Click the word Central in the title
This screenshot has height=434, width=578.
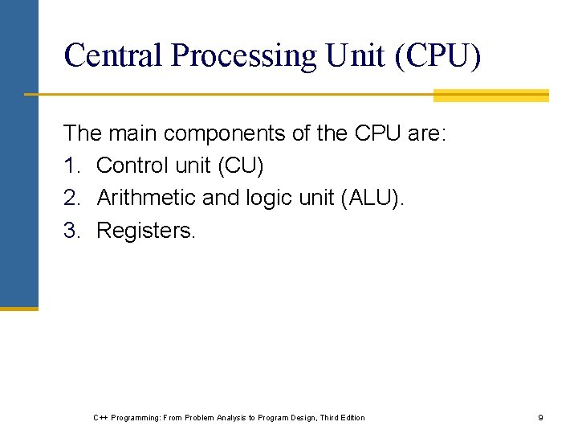click(113, 55)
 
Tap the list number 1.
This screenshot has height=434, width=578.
click(71, 166)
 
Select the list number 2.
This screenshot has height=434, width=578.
click(71, 199)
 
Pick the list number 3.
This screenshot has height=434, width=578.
click(71, 231)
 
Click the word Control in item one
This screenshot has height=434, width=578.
click(130, 166)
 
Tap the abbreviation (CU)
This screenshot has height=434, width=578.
click(239, 166)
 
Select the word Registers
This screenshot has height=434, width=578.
click(145, 231)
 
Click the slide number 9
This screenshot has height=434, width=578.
click(540, 417)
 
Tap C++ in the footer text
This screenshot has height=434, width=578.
click(100, 417)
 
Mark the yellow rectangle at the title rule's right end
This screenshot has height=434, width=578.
click(490, 96)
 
